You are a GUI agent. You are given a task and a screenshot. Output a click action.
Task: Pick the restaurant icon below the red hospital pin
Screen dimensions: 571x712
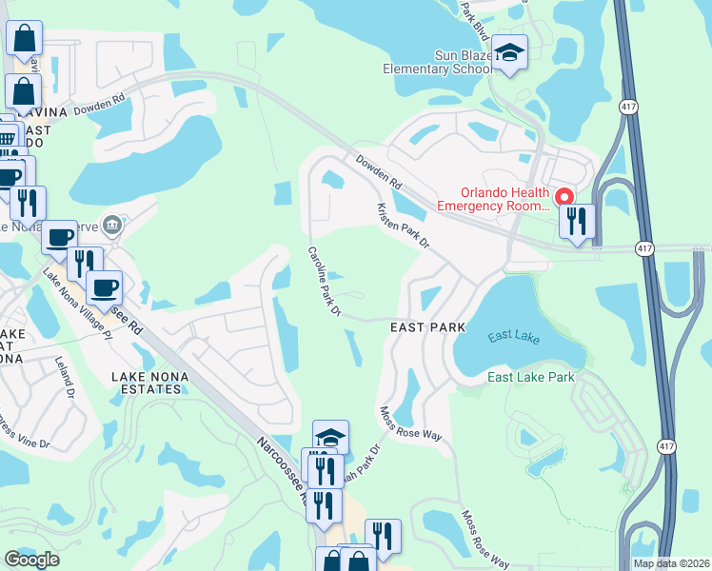pos(577,222)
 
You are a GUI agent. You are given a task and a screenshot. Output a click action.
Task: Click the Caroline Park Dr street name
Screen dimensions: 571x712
pos(324,280)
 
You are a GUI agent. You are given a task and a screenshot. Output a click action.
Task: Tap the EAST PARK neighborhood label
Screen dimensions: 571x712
pos(428,327)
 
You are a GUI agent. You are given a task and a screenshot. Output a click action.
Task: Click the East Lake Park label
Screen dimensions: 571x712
pos(531,378)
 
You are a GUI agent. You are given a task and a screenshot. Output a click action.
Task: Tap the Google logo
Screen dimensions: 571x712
pos(32,559)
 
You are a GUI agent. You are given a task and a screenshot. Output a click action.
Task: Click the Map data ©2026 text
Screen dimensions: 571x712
pos(671,563)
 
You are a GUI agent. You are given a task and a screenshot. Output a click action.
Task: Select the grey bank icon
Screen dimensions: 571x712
pos(112,226)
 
